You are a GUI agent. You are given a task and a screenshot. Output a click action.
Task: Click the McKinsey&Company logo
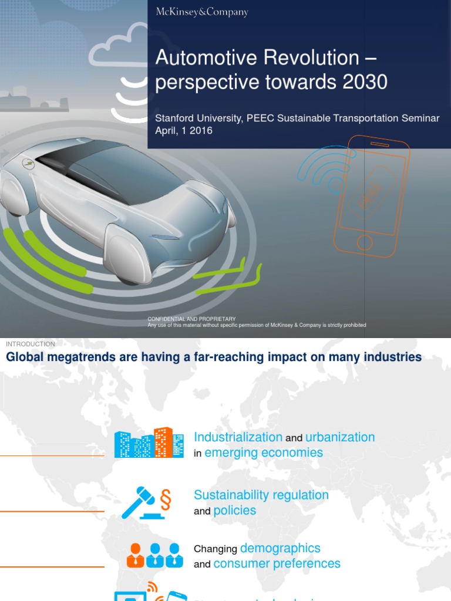201,12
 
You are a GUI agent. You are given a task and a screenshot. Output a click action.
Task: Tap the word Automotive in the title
200,58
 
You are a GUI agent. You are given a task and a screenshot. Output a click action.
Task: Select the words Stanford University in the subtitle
197,118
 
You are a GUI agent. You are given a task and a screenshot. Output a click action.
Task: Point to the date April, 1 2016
183,130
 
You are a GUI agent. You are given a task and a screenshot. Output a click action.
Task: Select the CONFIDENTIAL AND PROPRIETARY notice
191,319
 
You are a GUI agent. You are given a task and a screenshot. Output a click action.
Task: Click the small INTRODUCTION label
31,344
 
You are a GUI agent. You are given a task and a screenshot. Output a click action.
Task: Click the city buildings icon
149,443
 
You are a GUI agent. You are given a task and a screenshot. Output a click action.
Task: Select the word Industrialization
238,437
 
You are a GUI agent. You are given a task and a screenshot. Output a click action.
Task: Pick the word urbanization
340,437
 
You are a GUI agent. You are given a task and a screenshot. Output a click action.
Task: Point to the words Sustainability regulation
261,495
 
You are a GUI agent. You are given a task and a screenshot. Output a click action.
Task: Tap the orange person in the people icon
135,555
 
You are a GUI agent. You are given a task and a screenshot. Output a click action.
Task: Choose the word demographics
280,548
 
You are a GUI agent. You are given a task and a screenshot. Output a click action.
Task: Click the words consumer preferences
277,563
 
